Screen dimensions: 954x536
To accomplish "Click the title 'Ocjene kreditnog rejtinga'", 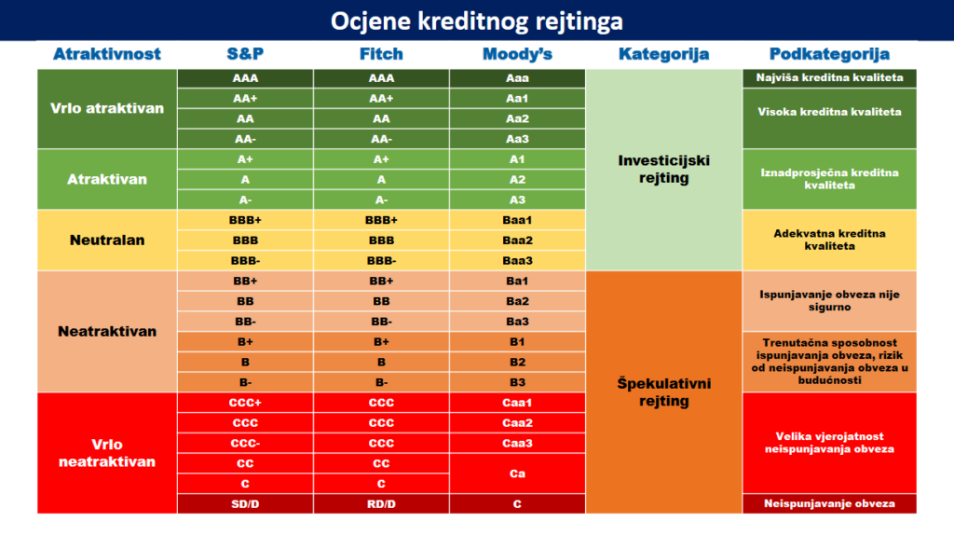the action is [x=477, y=21].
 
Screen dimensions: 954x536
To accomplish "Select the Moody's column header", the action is [x=517, y=54].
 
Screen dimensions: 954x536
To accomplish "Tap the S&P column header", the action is [x=245, y=54].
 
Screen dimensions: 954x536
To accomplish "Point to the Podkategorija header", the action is [x=829, y=54].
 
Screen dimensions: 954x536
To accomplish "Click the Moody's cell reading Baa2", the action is [x=517, y=240].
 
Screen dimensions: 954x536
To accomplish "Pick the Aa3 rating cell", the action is [x=517, y=139].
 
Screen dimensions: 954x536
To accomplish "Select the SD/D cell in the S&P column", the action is [x=245, y=503].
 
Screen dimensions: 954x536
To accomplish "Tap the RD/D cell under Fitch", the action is [x=381, y=503].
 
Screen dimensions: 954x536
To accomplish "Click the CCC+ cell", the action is [x=245, y=403].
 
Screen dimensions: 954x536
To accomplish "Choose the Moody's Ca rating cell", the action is [x=517, y=474].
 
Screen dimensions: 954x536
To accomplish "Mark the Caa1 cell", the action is [x=517, y=403].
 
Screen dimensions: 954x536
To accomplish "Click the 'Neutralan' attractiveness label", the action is [x=107, y=240].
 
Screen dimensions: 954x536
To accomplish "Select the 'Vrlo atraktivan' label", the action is [x=107, y=108].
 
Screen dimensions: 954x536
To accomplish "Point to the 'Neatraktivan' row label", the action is [x=107, y=331].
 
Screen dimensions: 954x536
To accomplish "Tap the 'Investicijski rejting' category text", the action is [x=663, y=170].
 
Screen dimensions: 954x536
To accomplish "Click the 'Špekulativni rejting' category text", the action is [x=663, y=392].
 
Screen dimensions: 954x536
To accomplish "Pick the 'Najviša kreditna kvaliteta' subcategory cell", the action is [x=829, y=78].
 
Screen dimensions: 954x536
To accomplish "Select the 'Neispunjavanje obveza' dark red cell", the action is [x=829, y=503].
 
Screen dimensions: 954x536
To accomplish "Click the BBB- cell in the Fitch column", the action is [x=381, y=261].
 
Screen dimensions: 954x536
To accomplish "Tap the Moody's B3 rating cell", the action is [x=517, y=382].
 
